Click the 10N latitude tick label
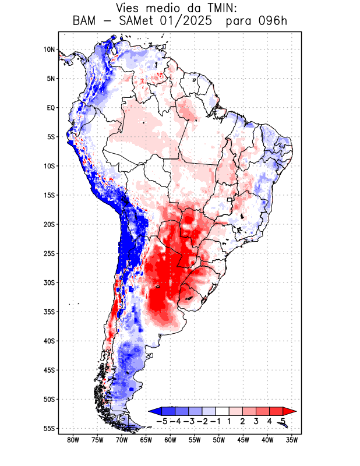click(49, 50)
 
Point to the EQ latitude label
click(50, 108)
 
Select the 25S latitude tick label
click(48, 253)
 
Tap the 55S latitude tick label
click(48, 428)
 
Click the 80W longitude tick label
click(73, 440)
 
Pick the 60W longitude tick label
click(170, 440)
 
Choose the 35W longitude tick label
click(292, 440)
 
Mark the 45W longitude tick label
click(243, 440)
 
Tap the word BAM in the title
click(86, 22)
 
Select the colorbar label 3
click(256, 421)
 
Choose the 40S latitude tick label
click(48, 341)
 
